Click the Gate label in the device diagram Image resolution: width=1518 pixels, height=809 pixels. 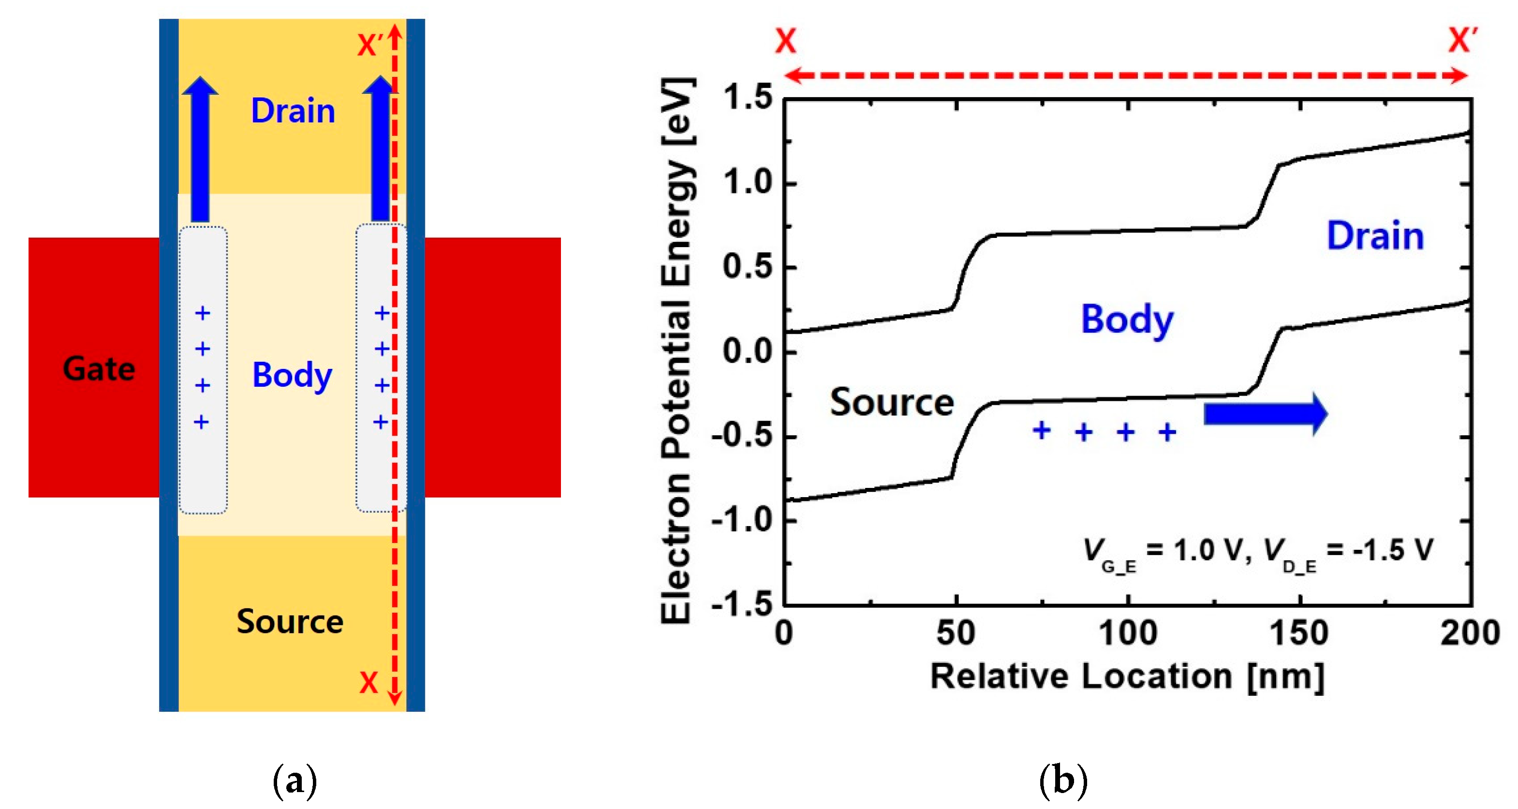(x=99, y=369)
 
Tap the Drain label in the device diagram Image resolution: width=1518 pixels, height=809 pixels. (x=293, y=111)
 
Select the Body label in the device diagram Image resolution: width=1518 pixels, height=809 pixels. (x=292, y=375)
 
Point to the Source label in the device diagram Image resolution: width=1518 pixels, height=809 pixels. (x=290, y=622)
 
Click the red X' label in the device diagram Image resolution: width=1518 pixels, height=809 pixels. (x=370, y=45)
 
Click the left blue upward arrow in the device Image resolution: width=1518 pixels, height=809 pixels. (x=200, y=150)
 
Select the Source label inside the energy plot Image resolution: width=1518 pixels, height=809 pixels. (x=892, y=403)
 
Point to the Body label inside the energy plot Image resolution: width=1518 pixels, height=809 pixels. (x=1127, y=320)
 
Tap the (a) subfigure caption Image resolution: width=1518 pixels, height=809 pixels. (x=295, y=781)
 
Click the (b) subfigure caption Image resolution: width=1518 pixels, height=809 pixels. (x=1063, y=781)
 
